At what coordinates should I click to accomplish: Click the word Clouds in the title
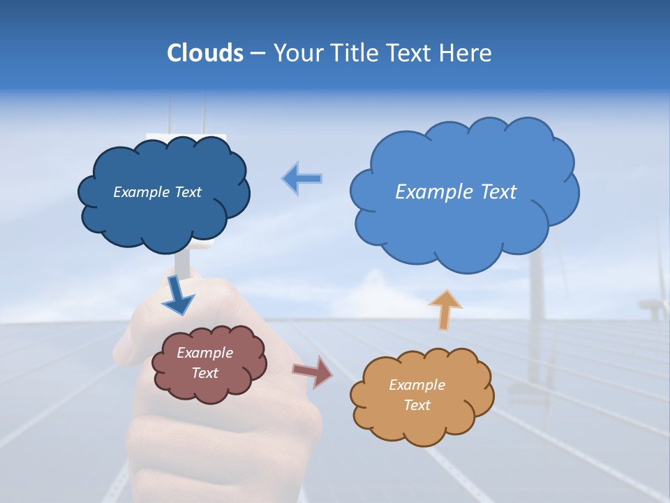204,53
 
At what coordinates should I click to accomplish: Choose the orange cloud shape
422,423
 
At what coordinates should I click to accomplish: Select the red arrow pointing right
313,372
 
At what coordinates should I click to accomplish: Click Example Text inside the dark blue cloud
157,192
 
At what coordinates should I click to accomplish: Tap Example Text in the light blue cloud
456,192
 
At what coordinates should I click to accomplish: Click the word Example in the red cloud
204,353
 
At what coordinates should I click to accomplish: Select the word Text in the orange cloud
417,405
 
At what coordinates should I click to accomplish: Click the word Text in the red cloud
204,373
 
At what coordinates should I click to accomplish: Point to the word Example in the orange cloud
417,385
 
